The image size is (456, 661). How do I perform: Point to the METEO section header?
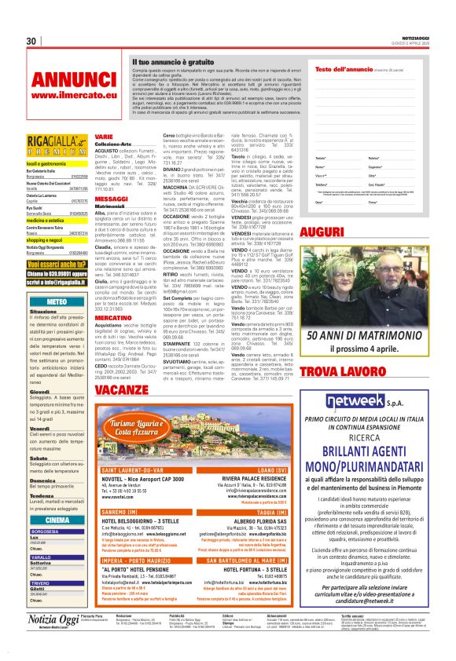(57, 301)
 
